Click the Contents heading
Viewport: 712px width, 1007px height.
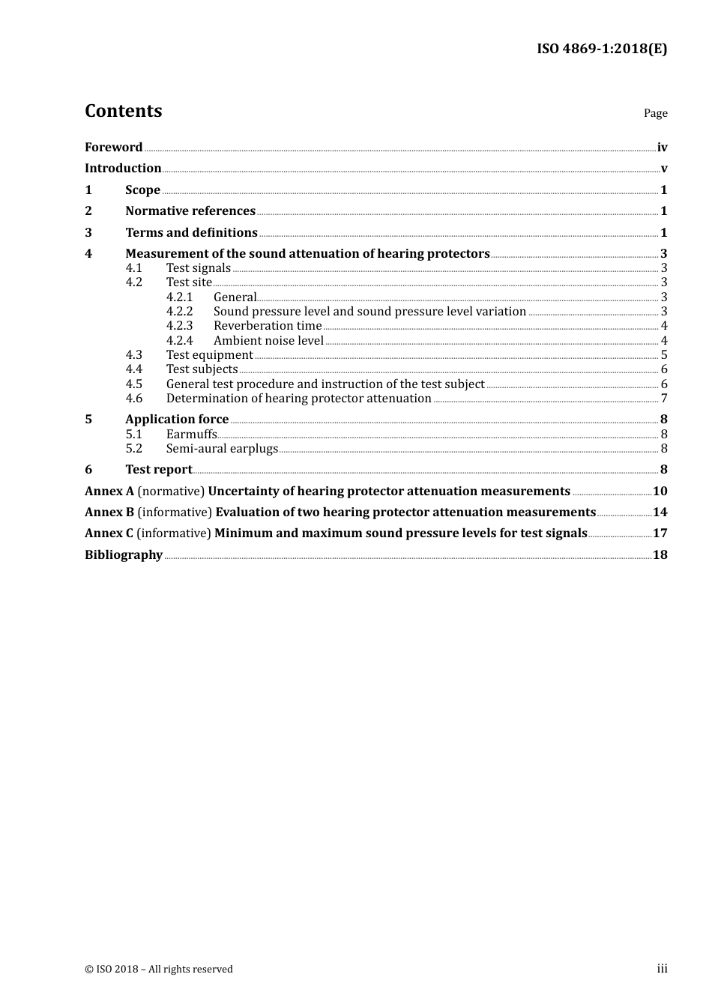coord(123,111)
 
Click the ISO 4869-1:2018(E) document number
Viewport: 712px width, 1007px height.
coord(601,49)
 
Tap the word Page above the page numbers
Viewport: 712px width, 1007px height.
coord(655,113)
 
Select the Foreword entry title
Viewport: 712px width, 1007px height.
coord(113,148)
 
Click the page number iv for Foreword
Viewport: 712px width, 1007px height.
coord(662,148)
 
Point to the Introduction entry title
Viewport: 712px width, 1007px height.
coord(123,169)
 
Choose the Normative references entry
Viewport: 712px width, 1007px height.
coord(190,211)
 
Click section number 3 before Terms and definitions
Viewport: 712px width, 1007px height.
coord(88,233)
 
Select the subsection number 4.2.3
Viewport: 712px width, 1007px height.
coord(179,326)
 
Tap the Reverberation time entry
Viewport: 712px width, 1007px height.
coord(268,326)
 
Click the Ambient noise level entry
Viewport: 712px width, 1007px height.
coord(268,341)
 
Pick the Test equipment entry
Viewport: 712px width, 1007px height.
coord(209,355)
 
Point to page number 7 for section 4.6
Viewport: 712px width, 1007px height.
coord(664,399)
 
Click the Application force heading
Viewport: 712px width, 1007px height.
coord(177,420)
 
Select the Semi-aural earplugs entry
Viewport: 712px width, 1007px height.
coord(222,449)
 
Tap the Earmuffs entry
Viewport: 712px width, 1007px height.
coord(191,435)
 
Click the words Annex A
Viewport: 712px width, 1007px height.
coord(109,492)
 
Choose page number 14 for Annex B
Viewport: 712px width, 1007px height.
coord(660,512)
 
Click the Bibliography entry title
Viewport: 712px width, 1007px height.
coord(124,555)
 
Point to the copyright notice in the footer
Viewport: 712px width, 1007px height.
coord(159,970)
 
